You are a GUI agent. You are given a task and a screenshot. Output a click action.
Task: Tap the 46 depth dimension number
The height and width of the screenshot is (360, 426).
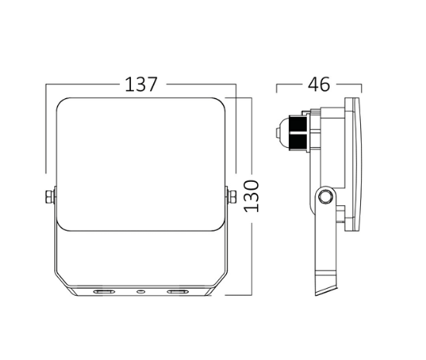[319, 84]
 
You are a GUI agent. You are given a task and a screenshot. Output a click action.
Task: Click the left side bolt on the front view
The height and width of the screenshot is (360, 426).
[50, 197]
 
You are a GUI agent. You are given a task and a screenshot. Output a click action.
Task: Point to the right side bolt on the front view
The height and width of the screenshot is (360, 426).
[228, 197]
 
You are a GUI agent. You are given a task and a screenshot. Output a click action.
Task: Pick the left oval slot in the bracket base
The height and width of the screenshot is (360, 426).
[102, 291]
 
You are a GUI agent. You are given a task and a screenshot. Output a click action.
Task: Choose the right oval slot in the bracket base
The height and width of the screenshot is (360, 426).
[176, 291]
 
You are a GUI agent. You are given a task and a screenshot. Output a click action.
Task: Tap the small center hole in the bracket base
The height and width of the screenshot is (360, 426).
[139, 291]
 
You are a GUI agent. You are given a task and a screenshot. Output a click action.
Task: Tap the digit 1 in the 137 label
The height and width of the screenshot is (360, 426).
[129, 84]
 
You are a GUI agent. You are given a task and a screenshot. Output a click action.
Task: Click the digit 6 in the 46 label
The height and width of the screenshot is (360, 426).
[327, 84]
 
